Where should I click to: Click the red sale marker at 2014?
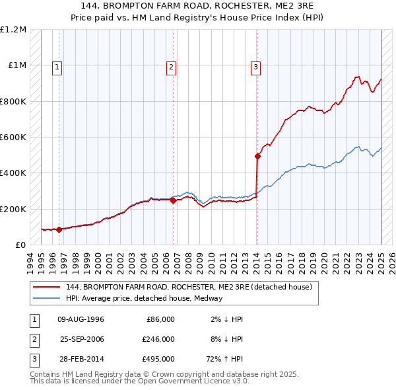pos(257,157)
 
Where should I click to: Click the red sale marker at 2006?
pos(173,201)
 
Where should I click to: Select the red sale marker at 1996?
pos(59,229)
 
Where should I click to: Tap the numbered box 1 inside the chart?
pos(57,66)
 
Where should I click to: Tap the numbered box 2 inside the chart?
pos(171,66)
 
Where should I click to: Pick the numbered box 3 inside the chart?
pos(255,66)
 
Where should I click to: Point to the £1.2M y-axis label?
pos(13,30)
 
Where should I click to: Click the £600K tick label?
pos(13,137)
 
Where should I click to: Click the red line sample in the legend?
pos(46,288)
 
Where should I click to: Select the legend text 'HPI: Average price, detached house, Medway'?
pos(144,298)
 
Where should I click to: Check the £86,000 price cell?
pos(158,319)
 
